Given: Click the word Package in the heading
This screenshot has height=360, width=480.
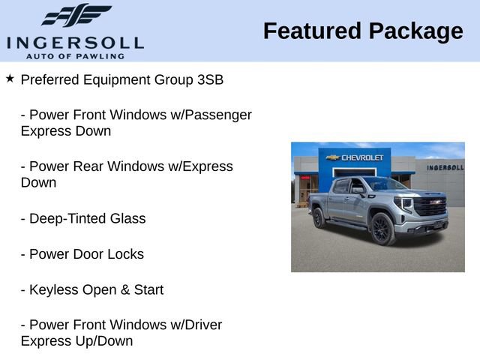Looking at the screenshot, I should click(x=415, y=31).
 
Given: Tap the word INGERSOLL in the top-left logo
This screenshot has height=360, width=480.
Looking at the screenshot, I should click(x=74, y=42).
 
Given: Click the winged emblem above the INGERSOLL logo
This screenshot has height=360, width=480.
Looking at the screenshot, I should click(x=76, y=16).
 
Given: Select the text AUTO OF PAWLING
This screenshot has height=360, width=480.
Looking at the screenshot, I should click(x=74, y=56).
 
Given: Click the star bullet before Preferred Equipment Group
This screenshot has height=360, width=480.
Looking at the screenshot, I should click(x=10, y=78).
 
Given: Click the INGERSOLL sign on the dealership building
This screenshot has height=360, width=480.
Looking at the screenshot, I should click(x=445, y=167).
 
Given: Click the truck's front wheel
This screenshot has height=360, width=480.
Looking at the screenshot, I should click(x=382, y=229).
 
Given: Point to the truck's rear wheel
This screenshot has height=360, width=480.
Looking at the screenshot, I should click(x=319, y=217).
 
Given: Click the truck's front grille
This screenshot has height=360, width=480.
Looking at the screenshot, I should click(x=430, y=206).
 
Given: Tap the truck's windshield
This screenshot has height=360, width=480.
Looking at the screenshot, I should click(x=384, y=184).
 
